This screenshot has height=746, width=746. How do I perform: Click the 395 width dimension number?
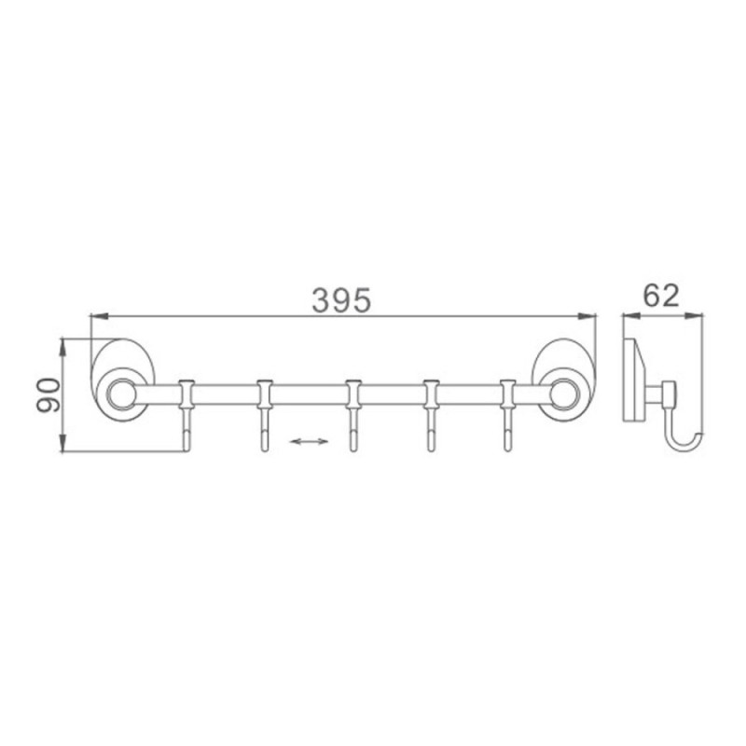(341, 300)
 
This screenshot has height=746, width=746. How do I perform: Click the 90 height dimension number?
(48, 394)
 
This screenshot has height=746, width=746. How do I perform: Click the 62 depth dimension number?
(661, 296)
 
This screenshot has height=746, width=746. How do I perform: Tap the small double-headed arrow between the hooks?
(309, 441)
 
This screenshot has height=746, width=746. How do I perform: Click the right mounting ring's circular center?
(564, 394)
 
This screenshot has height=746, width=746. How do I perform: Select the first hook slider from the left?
(186, 394)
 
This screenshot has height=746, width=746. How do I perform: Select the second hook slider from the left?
(265, 394)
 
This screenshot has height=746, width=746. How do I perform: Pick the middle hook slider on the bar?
(353, 394)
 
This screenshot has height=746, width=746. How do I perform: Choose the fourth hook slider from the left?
(431, 394)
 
